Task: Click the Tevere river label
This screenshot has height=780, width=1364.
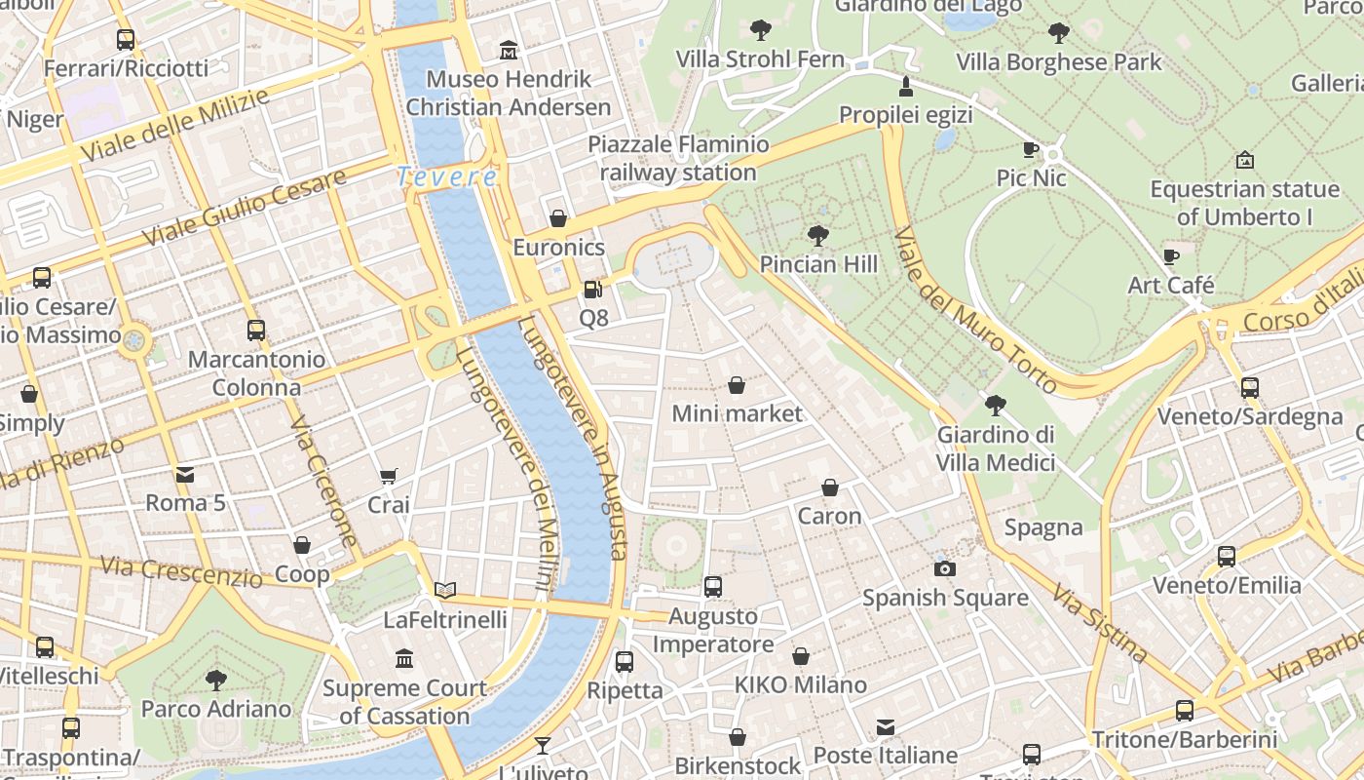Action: (447, 177)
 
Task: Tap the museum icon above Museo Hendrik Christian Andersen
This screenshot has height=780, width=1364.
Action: (509, 50)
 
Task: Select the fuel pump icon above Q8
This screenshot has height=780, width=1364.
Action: (592, 290)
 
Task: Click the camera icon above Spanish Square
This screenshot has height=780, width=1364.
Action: (944, 568)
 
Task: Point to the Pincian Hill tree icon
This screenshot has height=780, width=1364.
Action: (818, 235)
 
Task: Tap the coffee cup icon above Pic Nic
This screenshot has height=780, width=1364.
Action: (1031, 149)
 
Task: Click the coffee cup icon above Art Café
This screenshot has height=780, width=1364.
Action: (1171, 256)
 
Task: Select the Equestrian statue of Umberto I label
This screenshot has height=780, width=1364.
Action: (1244, 202)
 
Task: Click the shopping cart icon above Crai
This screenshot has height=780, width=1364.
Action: (388, 476)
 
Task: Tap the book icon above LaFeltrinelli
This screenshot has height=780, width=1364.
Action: (445, 590)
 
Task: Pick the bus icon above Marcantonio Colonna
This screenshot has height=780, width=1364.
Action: (256, 330)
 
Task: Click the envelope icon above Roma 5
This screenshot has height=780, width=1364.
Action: (185, 475)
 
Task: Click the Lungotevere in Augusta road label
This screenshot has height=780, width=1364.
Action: (573, 439)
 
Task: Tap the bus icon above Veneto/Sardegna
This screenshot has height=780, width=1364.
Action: (1250, 387)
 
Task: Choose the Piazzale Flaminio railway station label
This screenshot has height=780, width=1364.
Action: (678, 158)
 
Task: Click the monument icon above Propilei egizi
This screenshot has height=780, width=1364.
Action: (906, 86)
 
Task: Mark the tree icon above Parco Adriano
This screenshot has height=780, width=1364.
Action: (216, 680)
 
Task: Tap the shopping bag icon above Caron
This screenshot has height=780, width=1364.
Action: (830, 487)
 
